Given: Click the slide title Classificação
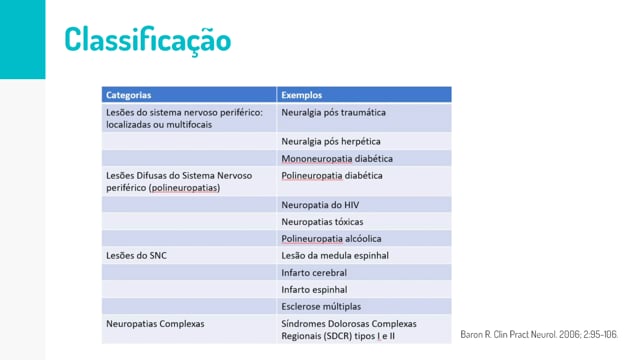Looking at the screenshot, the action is click(148, 40).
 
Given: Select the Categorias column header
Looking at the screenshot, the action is click(129, 95).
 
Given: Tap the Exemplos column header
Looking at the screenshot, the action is click(302, 95).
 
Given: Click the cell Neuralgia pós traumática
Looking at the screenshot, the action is click(333, 112).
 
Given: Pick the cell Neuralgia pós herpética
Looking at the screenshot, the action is click(331, 141).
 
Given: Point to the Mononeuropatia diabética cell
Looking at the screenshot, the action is click(337, 158).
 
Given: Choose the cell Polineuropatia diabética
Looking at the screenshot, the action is click(332, 176).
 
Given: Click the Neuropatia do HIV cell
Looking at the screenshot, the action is click(320, 205).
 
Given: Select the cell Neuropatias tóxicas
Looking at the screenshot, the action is click(322, 222).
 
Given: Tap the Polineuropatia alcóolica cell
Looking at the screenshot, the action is click(331, 238).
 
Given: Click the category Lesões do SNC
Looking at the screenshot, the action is click(136, 256).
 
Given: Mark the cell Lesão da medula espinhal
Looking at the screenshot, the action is click(335, 256).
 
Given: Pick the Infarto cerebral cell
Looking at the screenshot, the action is click(314, 273).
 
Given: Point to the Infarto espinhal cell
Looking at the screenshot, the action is click(314, 289).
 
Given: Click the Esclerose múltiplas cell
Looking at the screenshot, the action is click(321, 307).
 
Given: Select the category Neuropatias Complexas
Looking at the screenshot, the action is click(155, 324).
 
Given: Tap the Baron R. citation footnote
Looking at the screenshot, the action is click(539, 334).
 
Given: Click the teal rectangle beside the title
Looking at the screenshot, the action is click(22, 39).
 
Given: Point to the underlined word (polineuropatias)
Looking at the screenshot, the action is click(184, 188).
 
